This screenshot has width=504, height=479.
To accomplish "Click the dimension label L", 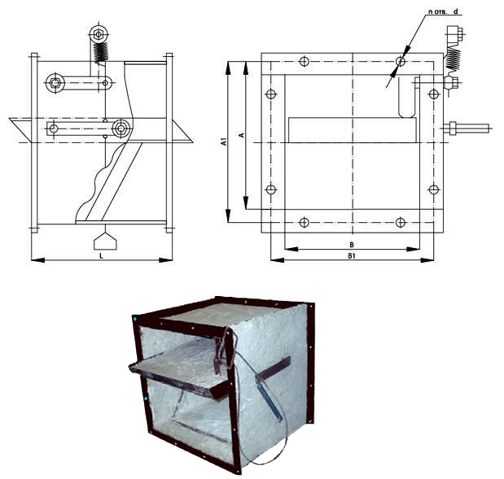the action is click(101, 256).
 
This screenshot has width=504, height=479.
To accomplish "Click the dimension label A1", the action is click(225, 142).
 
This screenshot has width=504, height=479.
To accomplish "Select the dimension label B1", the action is click(352, 256).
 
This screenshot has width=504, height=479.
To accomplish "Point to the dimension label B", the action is click(352, 245).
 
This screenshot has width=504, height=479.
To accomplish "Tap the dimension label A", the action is click(243, 135).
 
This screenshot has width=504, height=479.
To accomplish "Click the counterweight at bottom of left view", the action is click(105, 241).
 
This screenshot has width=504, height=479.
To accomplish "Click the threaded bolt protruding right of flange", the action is click(467, 128).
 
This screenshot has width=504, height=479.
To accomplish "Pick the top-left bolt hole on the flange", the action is click(304, 61).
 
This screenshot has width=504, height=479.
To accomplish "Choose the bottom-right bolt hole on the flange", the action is click(400, 222).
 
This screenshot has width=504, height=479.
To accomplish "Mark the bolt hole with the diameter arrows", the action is click(400, 61).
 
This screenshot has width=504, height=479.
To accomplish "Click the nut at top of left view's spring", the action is click(98, 33).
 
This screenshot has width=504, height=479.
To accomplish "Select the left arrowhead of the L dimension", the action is click(38, 259).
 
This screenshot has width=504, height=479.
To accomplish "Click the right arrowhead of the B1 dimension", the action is click(427, 260).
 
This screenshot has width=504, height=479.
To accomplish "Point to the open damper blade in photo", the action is click(180, 366).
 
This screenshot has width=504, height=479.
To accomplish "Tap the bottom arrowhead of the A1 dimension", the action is click(228, 215).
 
